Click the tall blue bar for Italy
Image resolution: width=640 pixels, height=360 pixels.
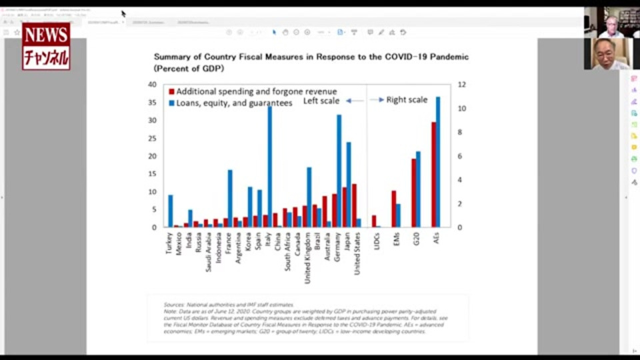(x=269, y=167)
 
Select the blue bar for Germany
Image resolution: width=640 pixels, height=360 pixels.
(x=339, y=171)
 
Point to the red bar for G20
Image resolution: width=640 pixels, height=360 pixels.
(x=413, y=193)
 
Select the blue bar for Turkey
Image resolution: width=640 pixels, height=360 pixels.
(x=171, y=211)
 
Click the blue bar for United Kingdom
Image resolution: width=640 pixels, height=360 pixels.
(x=309, y=197)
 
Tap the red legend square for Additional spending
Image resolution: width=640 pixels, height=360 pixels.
(x=171, y=91)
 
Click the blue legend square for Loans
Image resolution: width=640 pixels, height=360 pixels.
(x=171, y=103)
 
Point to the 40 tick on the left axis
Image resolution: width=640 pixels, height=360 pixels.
(x=152, y=85)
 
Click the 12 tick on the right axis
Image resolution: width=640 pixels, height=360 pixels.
(x=461, y=85)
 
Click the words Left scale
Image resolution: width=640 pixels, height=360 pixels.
(x=321, y=101)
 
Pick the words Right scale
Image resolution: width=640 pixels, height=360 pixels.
(x=407, y=100)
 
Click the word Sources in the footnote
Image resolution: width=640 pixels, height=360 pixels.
(x=173, y=305)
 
